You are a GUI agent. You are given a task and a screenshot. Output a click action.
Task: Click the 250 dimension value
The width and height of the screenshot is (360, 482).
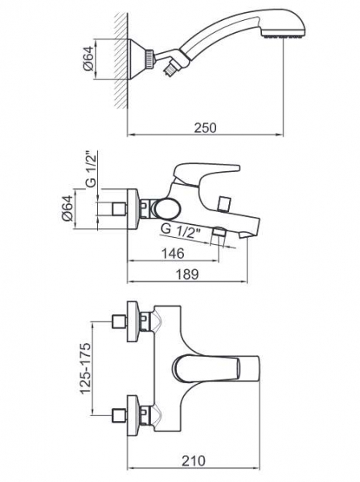[x=205, y=128]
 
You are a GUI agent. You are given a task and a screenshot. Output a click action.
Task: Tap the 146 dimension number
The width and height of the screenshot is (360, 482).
[x=173, y=253]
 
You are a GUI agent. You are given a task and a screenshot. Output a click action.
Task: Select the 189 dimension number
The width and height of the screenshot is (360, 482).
[x=187, y=274]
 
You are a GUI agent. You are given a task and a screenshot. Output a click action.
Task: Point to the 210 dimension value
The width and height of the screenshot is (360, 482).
[x=194, y=461]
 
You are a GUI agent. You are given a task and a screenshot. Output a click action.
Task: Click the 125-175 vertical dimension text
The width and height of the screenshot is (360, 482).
[x=86, y=368]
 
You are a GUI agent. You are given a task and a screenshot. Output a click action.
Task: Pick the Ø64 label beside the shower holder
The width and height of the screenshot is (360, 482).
[x=88, y=59]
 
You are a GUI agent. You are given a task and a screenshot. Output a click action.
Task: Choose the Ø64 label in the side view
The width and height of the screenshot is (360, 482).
[x=67, y=208]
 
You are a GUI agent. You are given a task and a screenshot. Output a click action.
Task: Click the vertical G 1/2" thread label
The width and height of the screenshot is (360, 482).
[x=92, y=169]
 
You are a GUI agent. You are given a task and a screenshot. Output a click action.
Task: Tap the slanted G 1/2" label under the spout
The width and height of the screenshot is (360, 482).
[x=181, y=232]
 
